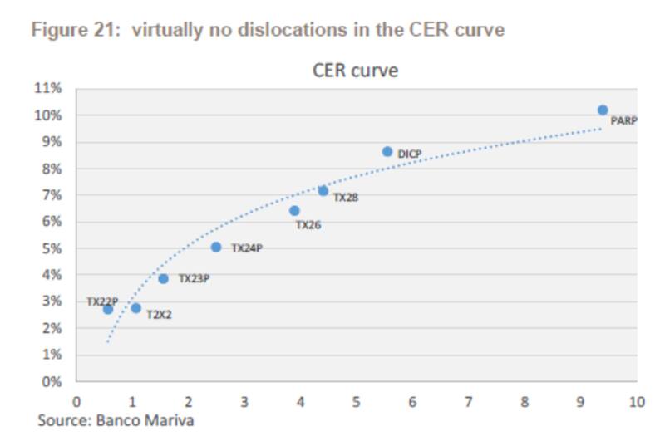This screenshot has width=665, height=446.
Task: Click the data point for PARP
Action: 603,110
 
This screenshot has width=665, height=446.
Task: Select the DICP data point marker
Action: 387,152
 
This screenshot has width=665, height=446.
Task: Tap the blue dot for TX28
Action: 323,191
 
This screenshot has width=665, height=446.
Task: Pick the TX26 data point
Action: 294,211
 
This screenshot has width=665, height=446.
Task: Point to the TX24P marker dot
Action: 216,247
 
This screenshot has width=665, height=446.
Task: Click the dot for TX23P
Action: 163,279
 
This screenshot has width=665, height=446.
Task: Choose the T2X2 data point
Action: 135,308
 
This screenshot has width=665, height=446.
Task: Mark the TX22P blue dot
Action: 108,309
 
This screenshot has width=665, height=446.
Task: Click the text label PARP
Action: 623,120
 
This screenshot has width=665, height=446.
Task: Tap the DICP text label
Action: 410,154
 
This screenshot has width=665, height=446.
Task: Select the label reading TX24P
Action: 247,248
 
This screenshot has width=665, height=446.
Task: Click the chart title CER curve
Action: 355,71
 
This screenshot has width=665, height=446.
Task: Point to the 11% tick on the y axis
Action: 48,88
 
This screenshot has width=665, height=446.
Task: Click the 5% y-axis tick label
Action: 51,248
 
